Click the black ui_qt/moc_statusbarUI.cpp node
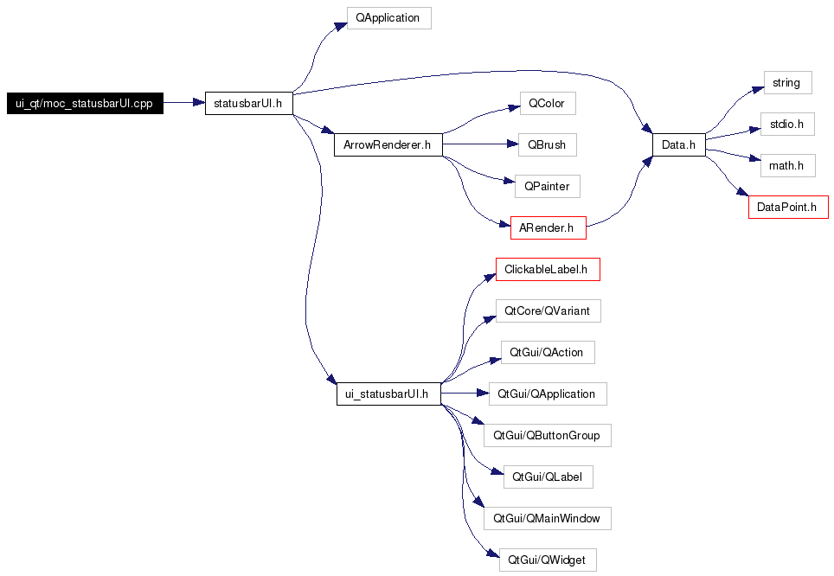tap(84, 103)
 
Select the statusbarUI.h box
tap(247, 103)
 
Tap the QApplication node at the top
tap(388, 18)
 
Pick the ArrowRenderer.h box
tap(388, 144)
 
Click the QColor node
tap(547, 104)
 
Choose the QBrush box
tap(547, 144)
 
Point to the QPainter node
tap(547, 185)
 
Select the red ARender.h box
tap(548, 227)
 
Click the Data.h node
tap(678, 144)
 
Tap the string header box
tap(786, 83)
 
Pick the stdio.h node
tap(786, 124)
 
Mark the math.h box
tap(786, 164)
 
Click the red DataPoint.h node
tap(787, 207)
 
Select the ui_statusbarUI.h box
tap(388, 394)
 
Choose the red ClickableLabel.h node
tap(547, 269)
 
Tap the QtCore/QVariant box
tap(547, 310)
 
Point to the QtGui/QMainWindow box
tap(546, 518)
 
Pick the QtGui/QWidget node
tap(547, 560)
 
